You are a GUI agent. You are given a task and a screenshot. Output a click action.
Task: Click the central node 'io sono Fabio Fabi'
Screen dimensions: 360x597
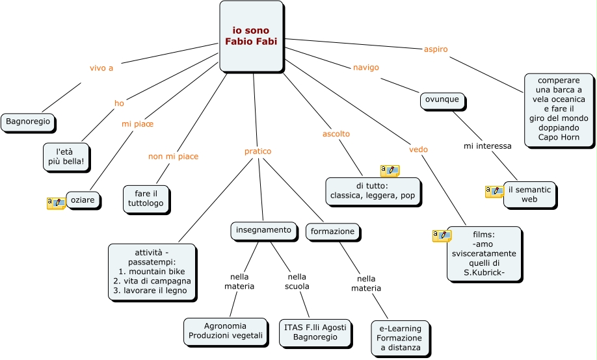[x=251, y=36]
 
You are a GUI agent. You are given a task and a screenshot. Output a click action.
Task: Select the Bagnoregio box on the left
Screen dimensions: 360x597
[x=27, y=122]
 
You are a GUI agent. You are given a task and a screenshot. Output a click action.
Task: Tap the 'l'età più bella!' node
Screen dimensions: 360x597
[x=65, y=156]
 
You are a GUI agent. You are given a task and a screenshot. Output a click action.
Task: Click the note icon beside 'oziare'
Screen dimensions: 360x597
[x=56, y=203]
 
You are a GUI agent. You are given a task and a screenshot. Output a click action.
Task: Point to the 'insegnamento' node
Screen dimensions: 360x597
[x=263, y=230]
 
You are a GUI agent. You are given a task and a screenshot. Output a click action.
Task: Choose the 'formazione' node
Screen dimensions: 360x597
[x=332, y=231]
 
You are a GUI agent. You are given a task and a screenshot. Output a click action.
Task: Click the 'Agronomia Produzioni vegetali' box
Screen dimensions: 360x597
[x=225, y=331]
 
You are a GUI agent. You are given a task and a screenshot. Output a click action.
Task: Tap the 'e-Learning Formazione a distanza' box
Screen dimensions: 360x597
[x=399, y=338]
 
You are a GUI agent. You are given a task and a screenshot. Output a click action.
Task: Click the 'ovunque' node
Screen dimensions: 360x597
[x=442, y=100]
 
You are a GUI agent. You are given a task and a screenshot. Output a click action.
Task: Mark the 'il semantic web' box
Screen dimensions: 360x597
[x=529, y=194]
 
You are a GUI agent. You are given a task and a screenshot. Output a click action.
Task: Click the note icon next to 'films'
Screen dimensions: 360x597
[x=442, y=235]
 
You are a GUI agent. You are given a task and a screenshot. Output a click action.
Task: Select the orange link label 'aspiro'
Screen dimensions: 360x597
[x=435, y=49]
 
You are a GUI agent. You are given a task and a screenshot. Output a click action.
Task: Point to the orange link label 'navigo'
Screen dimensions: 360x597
[x=365, y=67]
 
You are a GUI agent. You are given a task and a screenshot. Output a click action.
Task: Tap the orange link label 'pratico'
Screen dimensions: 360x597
[x=258, y=151]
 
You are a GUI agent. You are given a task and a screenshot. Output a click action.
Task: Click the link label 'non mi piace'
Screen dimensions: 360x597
[x=173, y=157]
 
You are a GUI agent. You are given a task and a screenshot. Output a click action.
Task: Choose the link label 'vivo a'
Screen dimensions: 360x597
[x=101, y=68]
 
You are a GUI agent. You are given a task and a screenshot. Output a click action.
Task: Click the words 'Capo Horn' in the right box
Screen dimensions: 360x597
[x=559, y=137]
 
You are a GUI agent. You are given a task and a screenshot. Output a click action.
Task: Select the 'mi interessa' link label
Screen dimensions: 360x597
[x=487, y=146]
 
